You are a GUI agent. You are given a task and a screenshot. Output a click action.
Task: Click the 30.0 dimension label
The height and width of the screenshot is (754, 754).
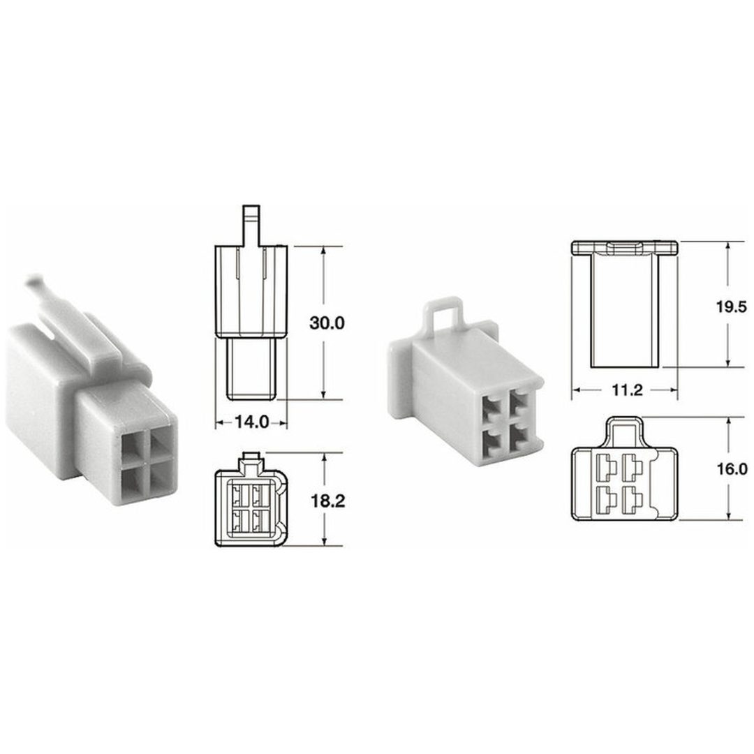[327, 323]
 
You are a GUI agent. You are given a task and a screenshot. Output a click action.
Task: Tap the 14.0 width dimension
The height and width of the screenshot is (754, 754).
[251, 422]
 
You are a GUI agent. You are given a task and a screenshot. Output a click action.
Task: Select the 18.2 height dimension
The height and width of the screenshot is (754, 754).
[327, 501]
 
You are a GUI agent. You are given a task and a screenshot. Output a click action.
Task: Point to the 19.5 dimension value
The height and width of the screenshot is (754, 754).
[732, 306]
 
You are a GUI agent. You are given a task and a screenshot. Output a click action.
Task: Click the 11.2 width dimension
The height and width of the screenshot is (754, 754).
[627, 390]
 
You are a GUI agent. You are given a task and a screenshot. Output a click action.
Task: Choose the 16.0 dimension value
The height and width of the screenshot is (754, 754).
[732, 469]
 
